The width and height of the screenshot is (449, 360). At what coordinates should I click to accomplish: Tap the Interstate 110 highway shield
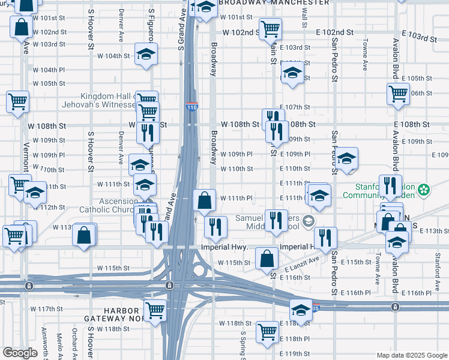(x=191, y=107)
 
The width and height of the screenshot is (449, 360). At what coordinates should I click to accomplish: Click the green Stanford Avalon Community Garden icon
(x=424, y=190)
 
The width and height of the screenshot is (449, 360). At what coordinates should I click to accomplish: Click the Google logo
(x=20, y=352)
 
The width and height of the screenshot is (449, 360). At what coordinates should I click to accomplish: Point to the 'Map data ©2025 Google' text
(x=412, y=355)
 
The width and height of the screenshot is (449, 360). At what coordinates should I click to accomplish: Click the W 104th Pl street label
(x=49, y=70)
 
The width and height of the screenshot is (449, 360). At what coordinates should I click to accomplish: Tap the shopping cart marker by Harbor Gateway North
(x=155, y=311)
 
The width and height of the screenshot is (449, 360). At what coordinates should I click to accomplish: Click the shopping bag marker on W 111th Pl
(x=205, y=200)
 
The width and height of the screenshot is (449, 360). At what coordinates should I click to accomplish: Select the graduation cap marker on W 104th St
(x=146, y=55)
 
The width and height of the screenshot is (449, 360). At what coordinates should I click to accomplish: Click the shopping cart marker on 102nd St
(x=271, y=28)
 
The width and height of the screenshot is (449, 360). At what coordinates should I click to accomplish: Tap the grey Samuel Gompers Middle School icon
(x=308, y=220)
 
